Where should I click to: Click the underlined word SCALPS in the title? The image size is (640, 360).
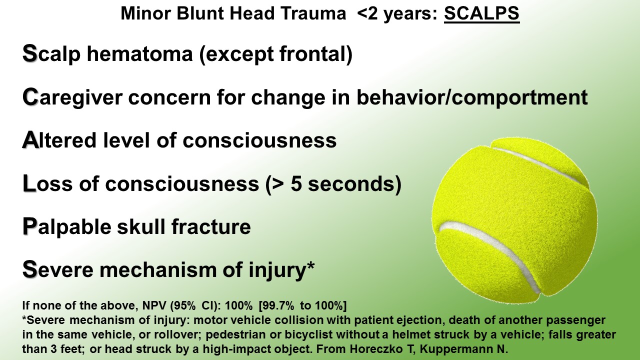point(481,13)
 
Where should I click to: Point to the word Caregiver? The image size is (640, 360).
point(72,97)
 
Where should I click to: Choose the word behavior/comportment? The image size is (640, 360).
point(472,97)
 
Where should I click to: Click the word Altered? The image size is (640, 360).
point(59,140)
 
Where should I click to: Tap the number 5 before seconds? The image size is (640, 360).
point(296,183)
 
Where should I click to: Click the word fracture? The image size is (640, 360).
point(211,226)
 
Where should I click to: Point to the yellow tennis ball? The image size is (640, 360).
point(514,220)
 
